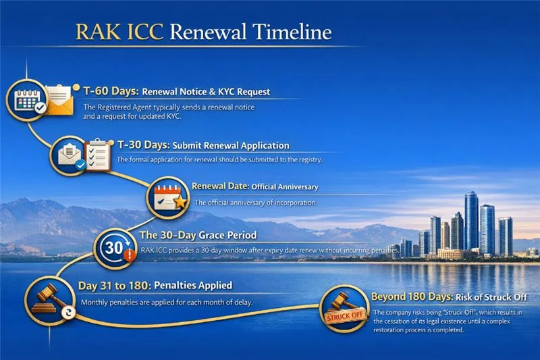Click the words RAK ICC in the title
(119, 32)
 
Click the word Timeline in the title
(292, 32)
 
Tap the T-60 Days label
(111, 91)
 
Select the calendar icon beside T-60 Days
(27, 100)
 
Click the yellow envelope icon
(59, 100)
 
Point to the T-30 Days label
(144, 145)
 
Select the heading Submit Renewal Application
(231, 146)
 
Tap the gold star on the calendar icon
(180, 202)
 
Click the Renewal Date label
(221, 186)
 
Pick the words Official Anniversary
(285, 186)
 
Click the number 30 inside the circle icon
(113, 248)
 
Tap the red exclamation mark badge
(130, 255)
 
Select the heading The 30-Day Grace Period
(198, 235)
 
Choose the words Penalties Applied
(193, 286)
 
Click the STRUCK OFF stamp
(345, 315)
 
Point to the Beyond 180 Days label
(412, 297)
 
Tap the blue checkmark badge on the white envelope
(80, 165)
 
